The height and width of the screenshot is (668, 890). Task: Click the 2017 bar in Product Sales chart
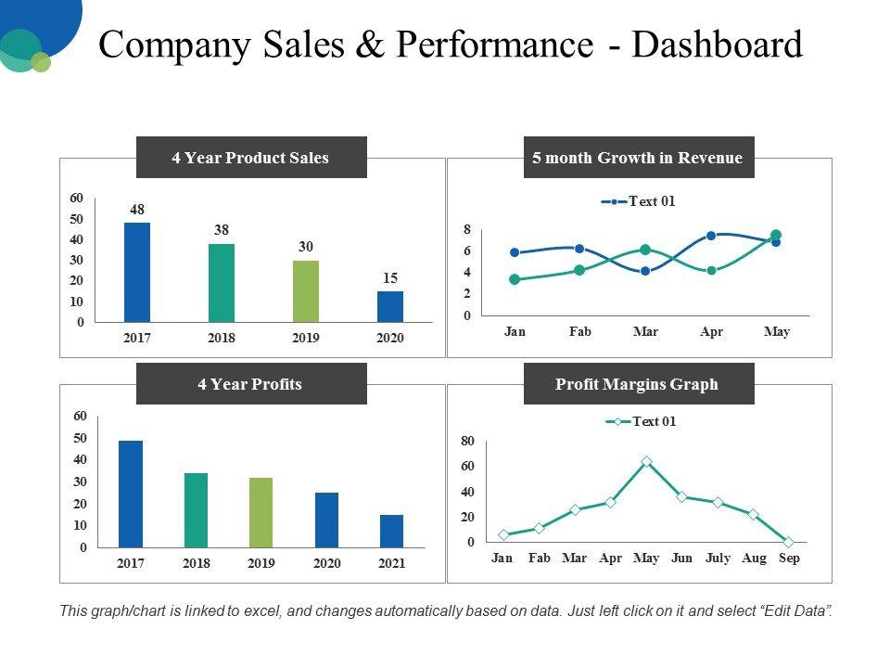pyautogui.click(x=137, y=272)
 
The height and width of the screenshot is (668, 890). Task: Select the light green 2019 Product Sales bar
pyautogui.click(x=306, y=290)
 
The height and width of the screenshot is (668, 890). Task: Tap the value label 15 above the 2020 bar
pyautogui.click(x=390, y=277)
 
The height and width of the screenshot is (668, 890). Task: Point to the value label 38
pyautogui.click(x=222, y=230)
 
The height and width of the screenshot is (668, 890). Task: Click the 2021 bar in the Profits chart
pyautogui.click(x=392, y=531)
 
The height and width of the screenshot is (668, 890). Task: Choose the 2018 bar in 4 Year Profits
pyautogui.click(x=196, y=509)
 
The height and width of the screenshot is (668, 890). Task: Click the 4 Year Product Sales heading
pyautogui.click(x=250, y=158)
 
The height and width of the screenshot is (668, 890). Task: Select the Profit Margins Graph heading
pyautogui.click(x=637, y=384)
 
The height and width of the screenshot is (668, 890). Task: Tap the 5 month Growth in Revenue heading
pyautogui.click(x=638, y=158)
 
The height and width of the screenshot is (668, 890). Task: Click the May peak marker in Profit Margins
pyautogui.click(x=646, y=461)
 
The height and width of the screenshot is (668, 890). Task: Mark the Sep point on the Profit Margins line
pyautogui.click(x=788, y=542)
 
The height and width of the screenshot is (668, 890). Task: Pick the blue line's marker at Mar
pyautogui.click(x=645, y=271)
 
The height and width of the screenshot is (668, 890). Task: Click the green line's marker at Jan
pyautogui.click(x=515, y=279)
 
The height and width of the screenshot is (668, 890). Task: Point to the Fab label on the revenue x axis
pyautogui.click(x=580, y=331)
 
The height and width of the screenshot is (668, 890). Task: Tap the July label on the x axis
pyautogui.click(x=718, y=558)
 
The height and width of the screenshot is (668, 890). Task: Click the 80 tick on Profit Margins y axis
pyautogui.click(x=467, y=441)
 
